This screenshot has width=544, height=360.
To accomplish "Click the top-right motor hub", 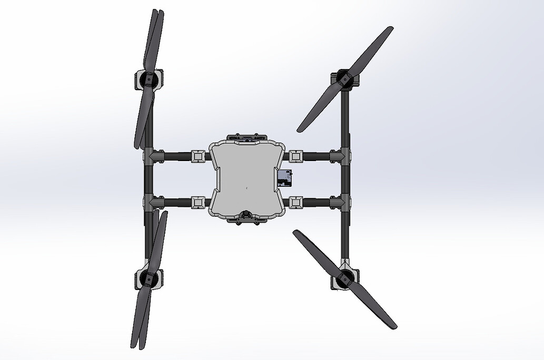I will point(345,79).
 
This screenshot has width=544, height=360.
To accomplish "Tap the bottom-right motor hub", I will point(346,278).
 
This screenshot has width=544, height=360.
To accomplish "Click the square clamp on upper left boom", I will point(198,156).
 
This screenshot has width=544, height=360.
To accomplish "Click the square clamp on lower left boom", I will point(198,202).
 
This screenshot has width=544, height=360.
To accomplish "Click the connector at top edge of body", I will point(247,138).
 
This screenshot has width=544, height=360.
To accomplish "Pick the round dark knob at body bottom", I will point(246,215).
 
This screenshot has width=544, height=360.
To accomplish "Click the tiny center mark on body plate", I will point(246,187).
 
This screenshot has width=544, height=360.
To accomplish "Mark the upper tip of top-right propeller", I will point(391,28).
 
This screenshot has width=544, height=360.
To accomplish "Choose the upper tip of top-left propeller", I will point(156,11).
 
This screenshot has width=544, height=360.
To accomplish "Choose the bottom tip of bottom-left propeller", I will point(135,346).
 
